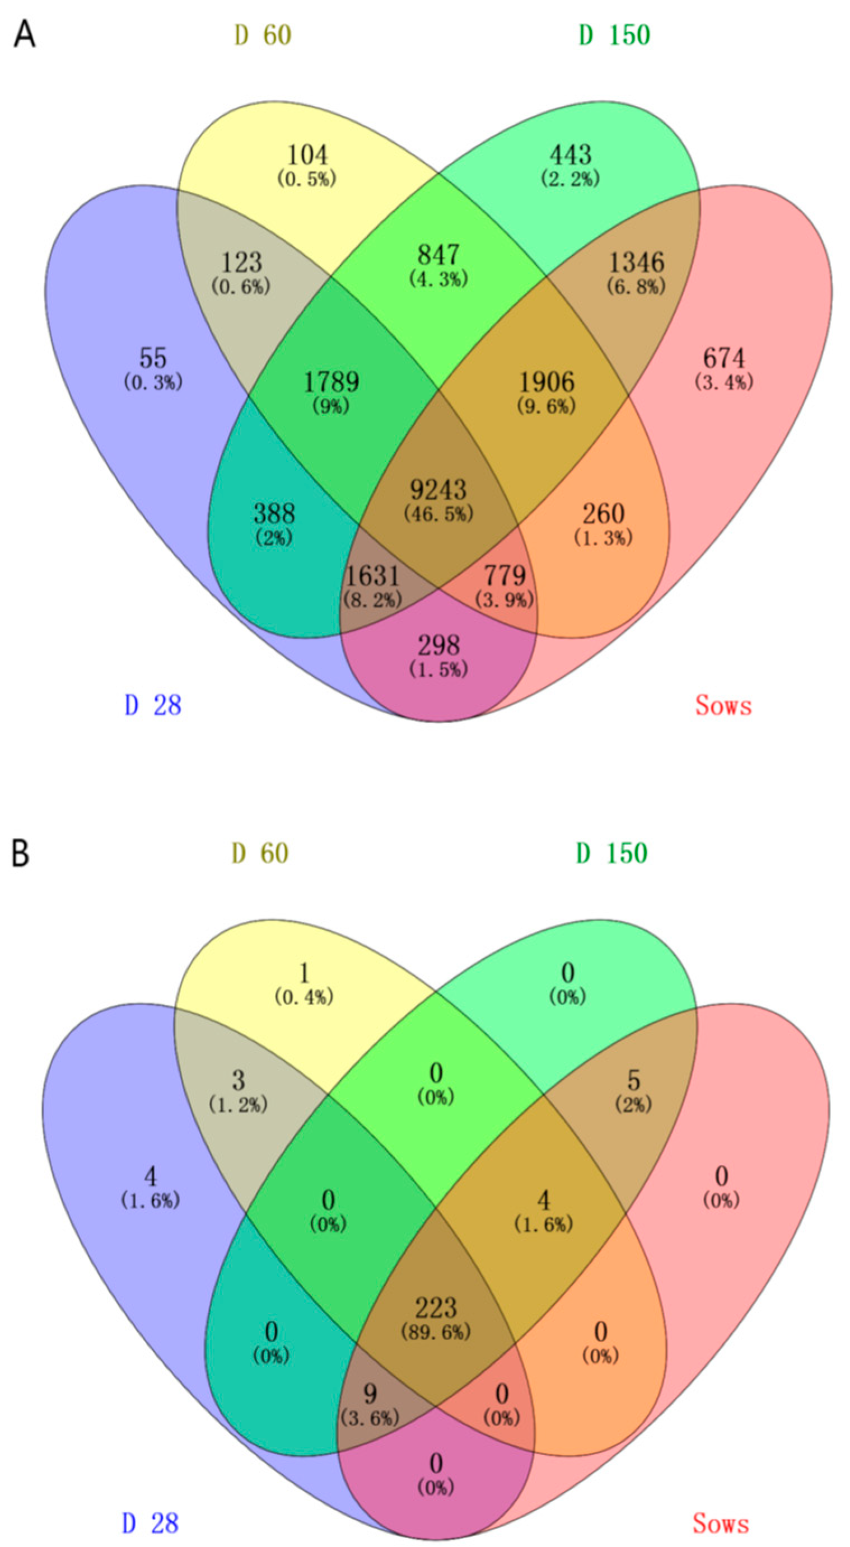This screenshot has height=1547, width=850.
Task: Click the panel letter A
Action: [25, 35]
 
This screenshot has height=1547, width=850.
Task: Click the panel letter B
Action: [20, 854]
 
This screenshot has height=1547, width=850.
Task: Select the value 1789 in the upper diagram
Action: [331, 382]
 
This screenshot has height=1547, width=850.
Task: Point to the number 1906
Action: [547, 382]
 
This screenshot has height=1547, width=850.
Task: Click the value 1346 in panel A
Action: [637, 262]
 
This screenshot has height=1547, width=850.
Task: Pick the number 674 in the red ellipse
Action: [724, 359]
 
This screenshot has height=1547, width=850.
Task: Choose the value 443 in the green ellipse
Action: [571, 155]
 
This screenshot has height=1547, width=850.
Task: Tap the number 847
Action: [438, 255]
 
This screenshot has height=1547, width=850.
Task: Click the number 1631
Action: [372, 576]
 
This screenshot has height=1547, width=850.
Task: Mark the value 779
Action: [505, 576]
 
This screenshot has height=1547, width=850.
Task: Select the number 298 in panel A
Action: [438, 645]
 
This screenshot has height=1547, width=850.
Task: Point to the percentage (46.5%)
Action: [438, 514]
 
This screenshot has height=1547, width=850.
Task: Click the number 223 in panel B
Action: [436, 1308]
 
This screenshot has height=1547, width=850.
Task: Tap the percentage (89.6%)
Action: [436, 1332]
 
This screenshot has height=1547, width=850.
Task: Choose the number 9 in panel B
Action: [370, 1394]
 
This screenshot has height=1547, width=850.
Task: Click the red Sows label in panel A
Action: [723, 705]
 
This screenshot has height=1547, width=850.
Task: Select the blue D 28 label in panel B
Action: [151, 1523]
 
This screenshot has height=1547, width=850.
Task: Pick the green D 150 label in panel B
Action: [612, 854]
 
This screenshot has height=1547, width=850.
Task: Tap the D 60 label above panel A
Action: [263, 35]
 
